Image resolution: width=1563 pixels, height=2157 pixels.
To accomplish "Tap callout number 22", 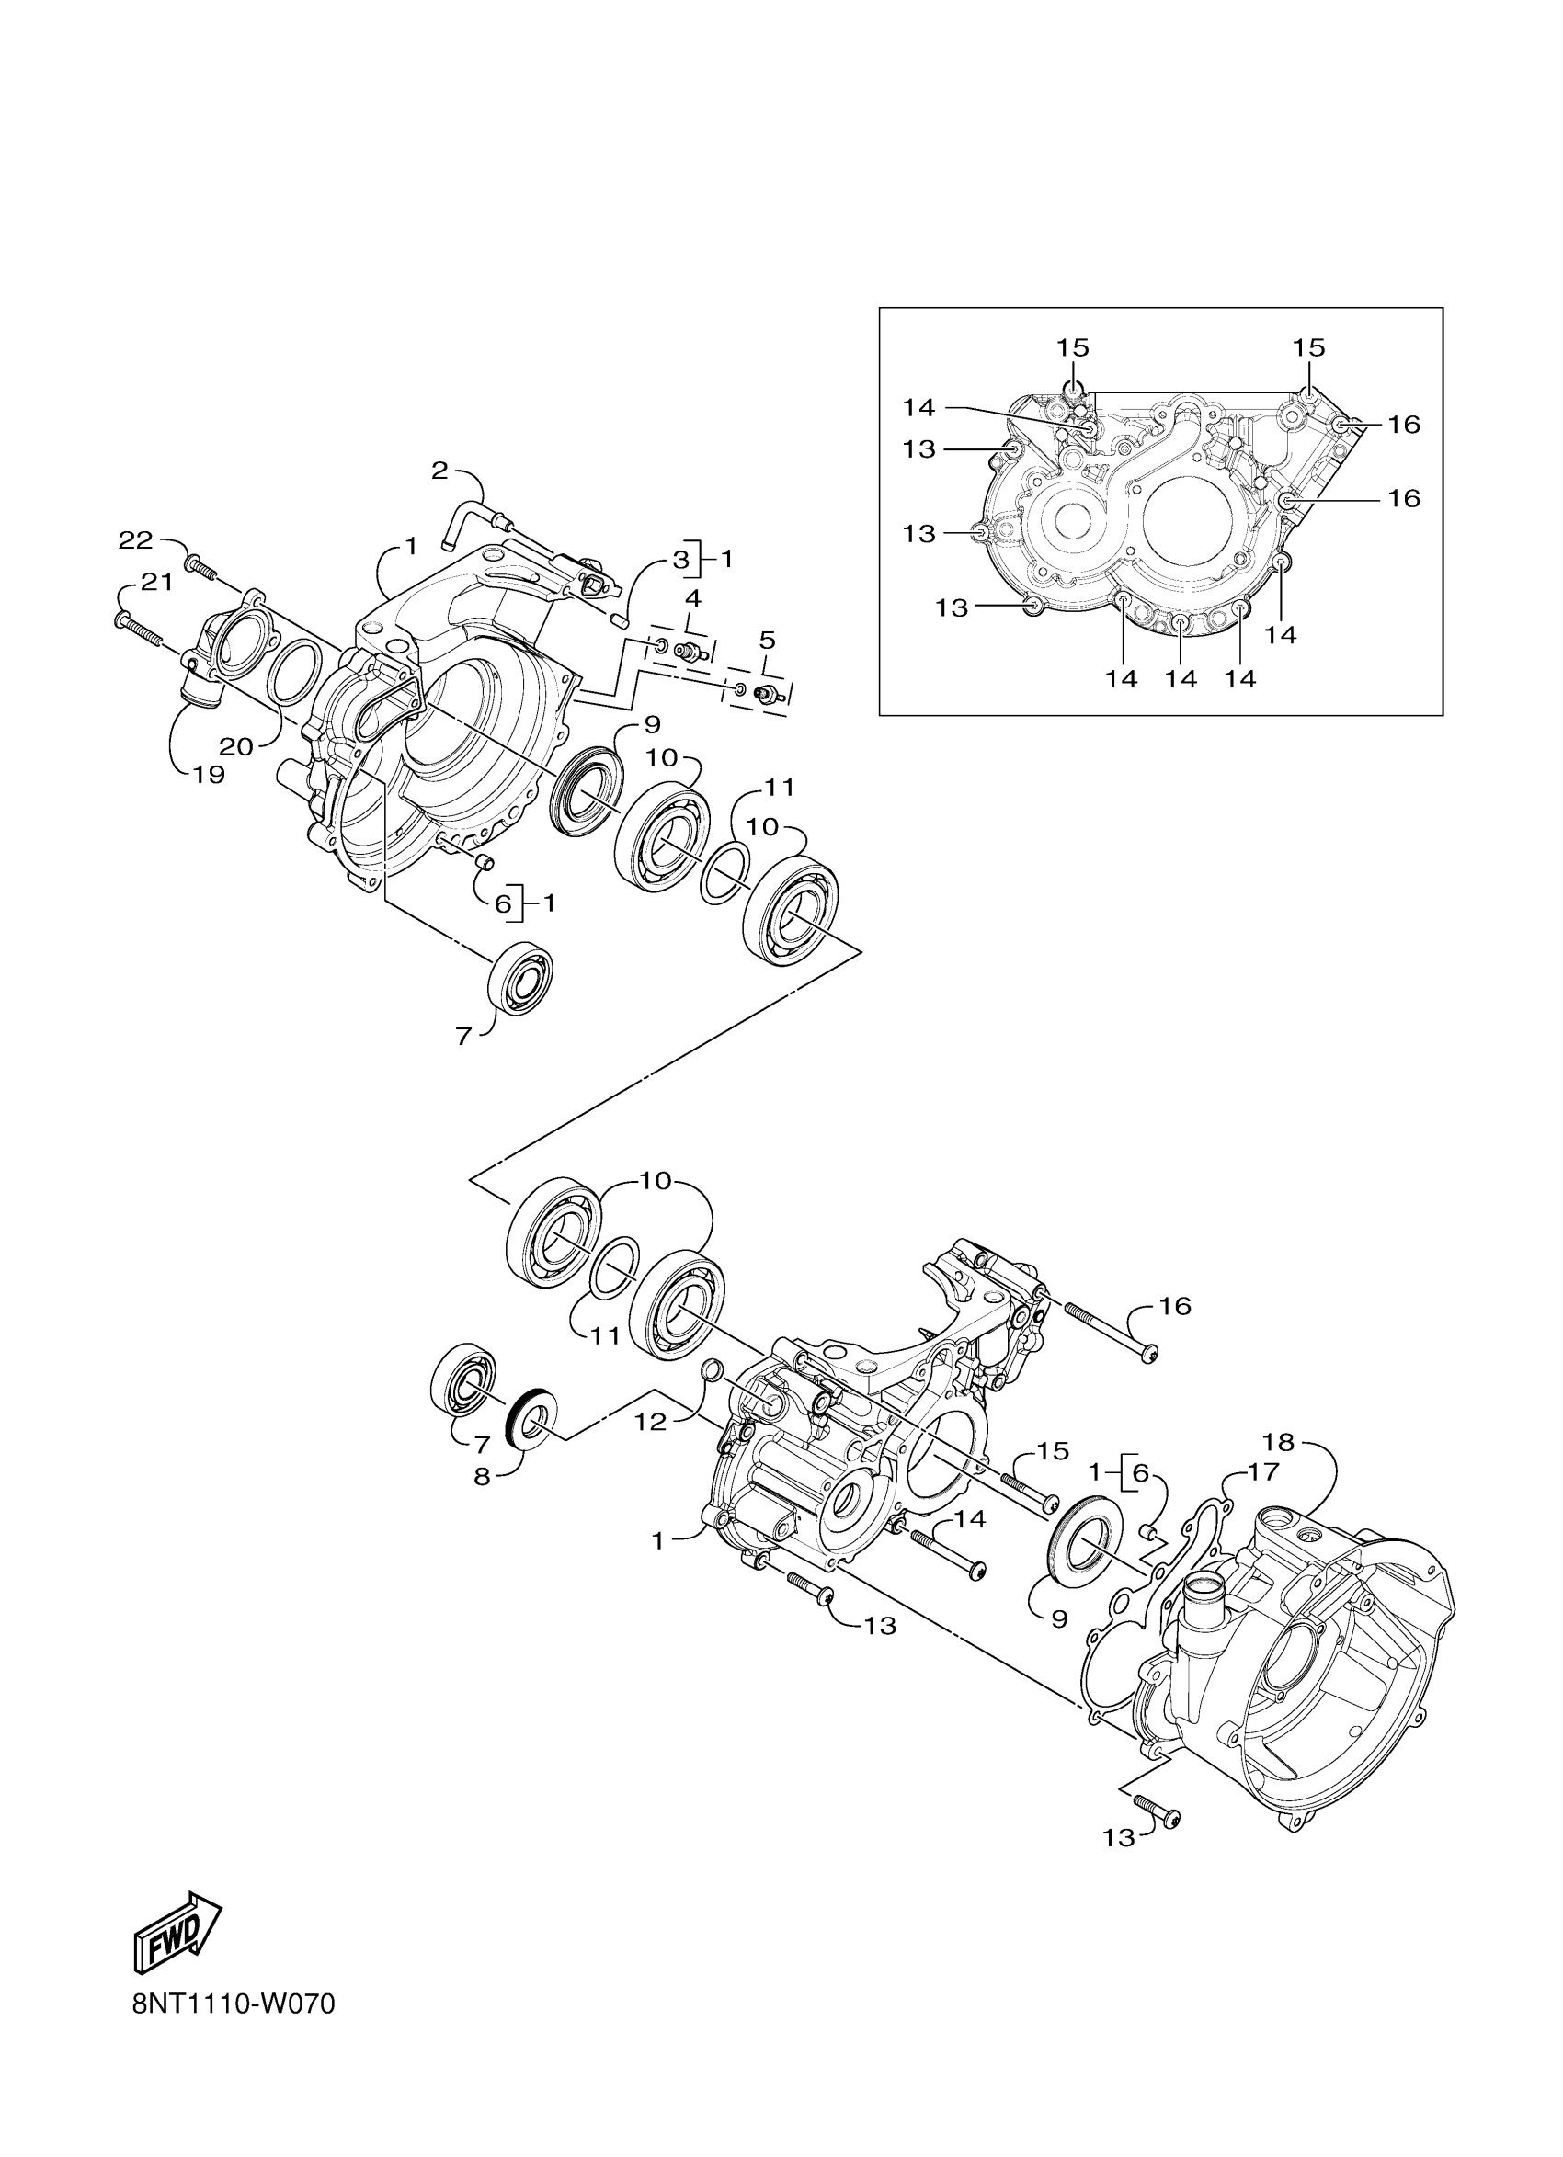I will pos(135,541).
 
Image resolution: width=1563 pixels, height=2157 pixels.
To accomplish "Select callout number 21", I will pos(157,582).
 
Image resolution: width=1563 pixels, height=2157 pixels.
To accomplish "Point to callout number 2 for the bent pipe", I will pos(439,470).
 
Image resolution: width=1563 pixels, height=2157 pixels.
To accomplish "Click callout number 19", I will pos(209,775).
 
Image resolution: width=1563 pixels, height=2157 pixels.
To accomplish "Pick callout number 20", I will pos(236,746).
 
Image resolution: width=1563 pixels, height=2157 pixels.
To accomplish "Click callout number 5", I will pos(767,639).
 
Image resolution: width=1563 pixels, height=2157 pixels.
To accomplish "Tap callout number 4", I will pos(692,598).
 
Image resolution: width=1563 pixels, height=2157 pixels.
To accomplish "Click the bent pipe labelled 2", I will pos(472,521).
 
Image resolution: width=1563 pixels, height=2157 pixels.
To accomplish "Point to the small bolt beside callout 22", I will pos(200,569).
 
